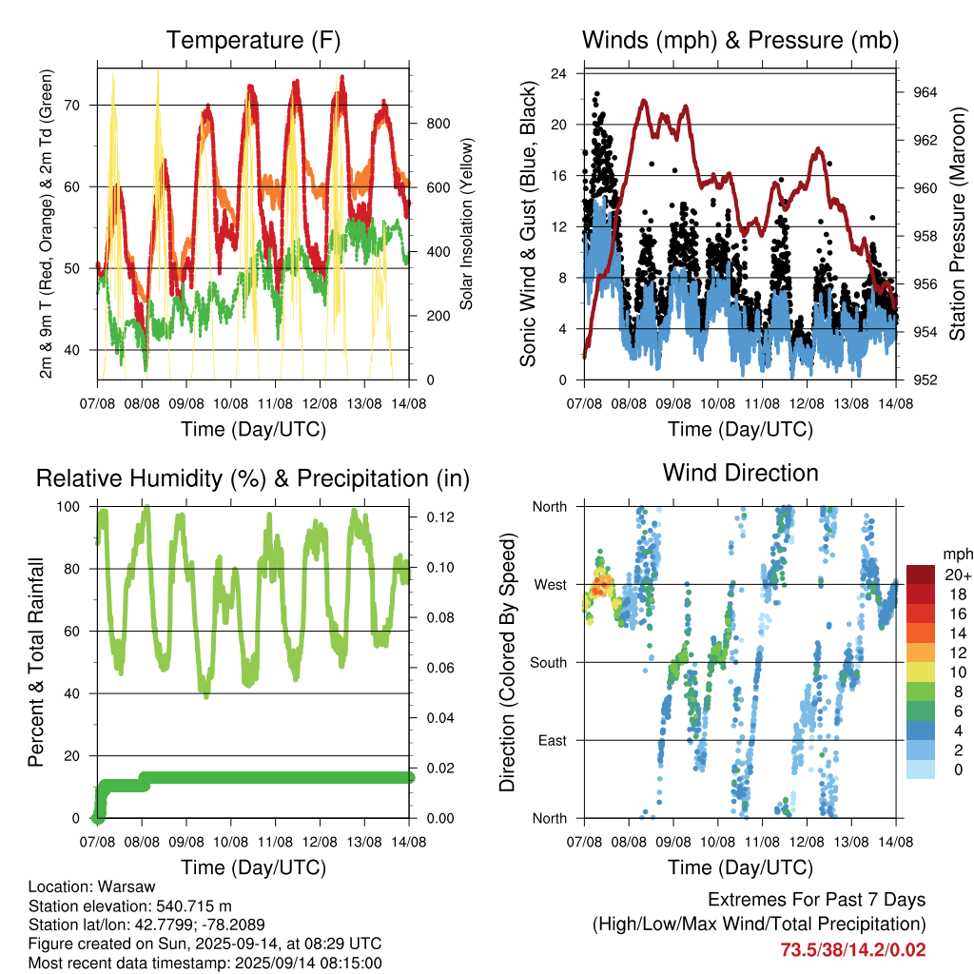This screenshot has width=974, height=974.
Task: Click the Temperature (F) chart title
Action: click(253, 40)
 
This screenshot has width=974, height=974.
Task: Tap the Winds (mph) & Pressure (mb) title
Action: click(740, 40)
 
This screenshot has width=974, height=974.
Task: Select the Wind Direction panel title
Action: click(740, 473)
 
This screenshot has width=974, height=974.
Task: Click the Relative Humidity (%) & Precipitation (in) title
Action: click(253, 479)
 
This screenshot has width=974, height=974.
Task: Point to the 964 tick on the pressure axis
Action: click(925, 92)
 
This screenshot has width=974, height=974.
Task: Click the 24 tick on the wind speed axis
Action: click(558, 74)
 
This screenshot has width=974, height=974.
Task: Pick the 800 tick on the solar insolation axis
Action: click(438, 124)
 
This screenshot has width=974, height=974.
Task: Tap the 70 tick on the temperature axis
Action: click(72, 106)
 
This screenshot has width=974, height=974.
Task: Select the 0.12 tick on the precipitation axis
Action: click(440, 517)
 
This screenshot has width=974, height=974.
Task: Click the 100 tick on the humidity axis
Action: click(68, 507)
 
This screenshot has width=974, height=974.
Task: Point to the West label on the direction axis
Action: click(551, 585)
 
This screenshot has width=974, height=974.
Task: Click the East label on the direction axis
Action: click(553, 740)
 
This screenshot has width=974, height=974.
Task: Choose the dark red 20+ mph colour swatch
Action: click(921, 575)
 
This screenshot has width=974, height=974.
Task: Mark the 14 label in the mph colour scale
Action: click(959, 633)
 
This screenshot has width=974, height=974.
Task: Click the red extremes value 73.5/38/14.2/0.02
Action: click(853, 950)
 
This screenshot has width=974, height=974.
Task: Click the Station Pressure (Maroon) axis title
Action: click(957, 224)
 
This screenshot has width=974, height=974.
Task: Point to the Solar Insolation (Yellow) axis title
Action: click(466, 224)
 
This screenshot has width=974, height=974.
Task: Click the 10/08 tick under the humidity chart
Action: click(231, 843)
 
